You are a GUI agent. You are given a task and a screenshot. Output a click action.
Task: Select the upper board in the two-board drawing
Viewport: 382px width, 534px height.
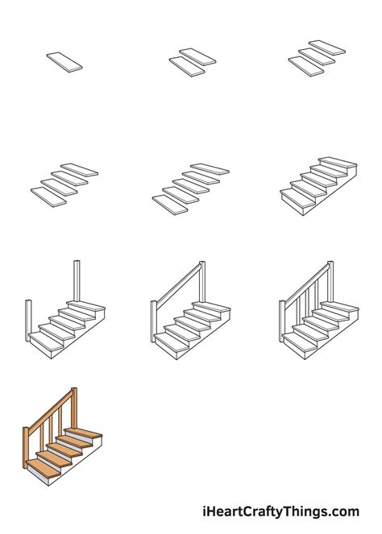point(198,56)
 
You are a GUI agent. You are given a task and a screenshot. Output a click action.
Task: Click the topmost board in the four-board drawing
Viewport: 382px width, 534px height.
point(79,170)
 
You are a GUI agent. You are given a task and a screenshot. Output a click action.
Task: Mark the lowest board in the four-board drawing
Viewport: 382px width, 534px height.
point(49,197)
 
